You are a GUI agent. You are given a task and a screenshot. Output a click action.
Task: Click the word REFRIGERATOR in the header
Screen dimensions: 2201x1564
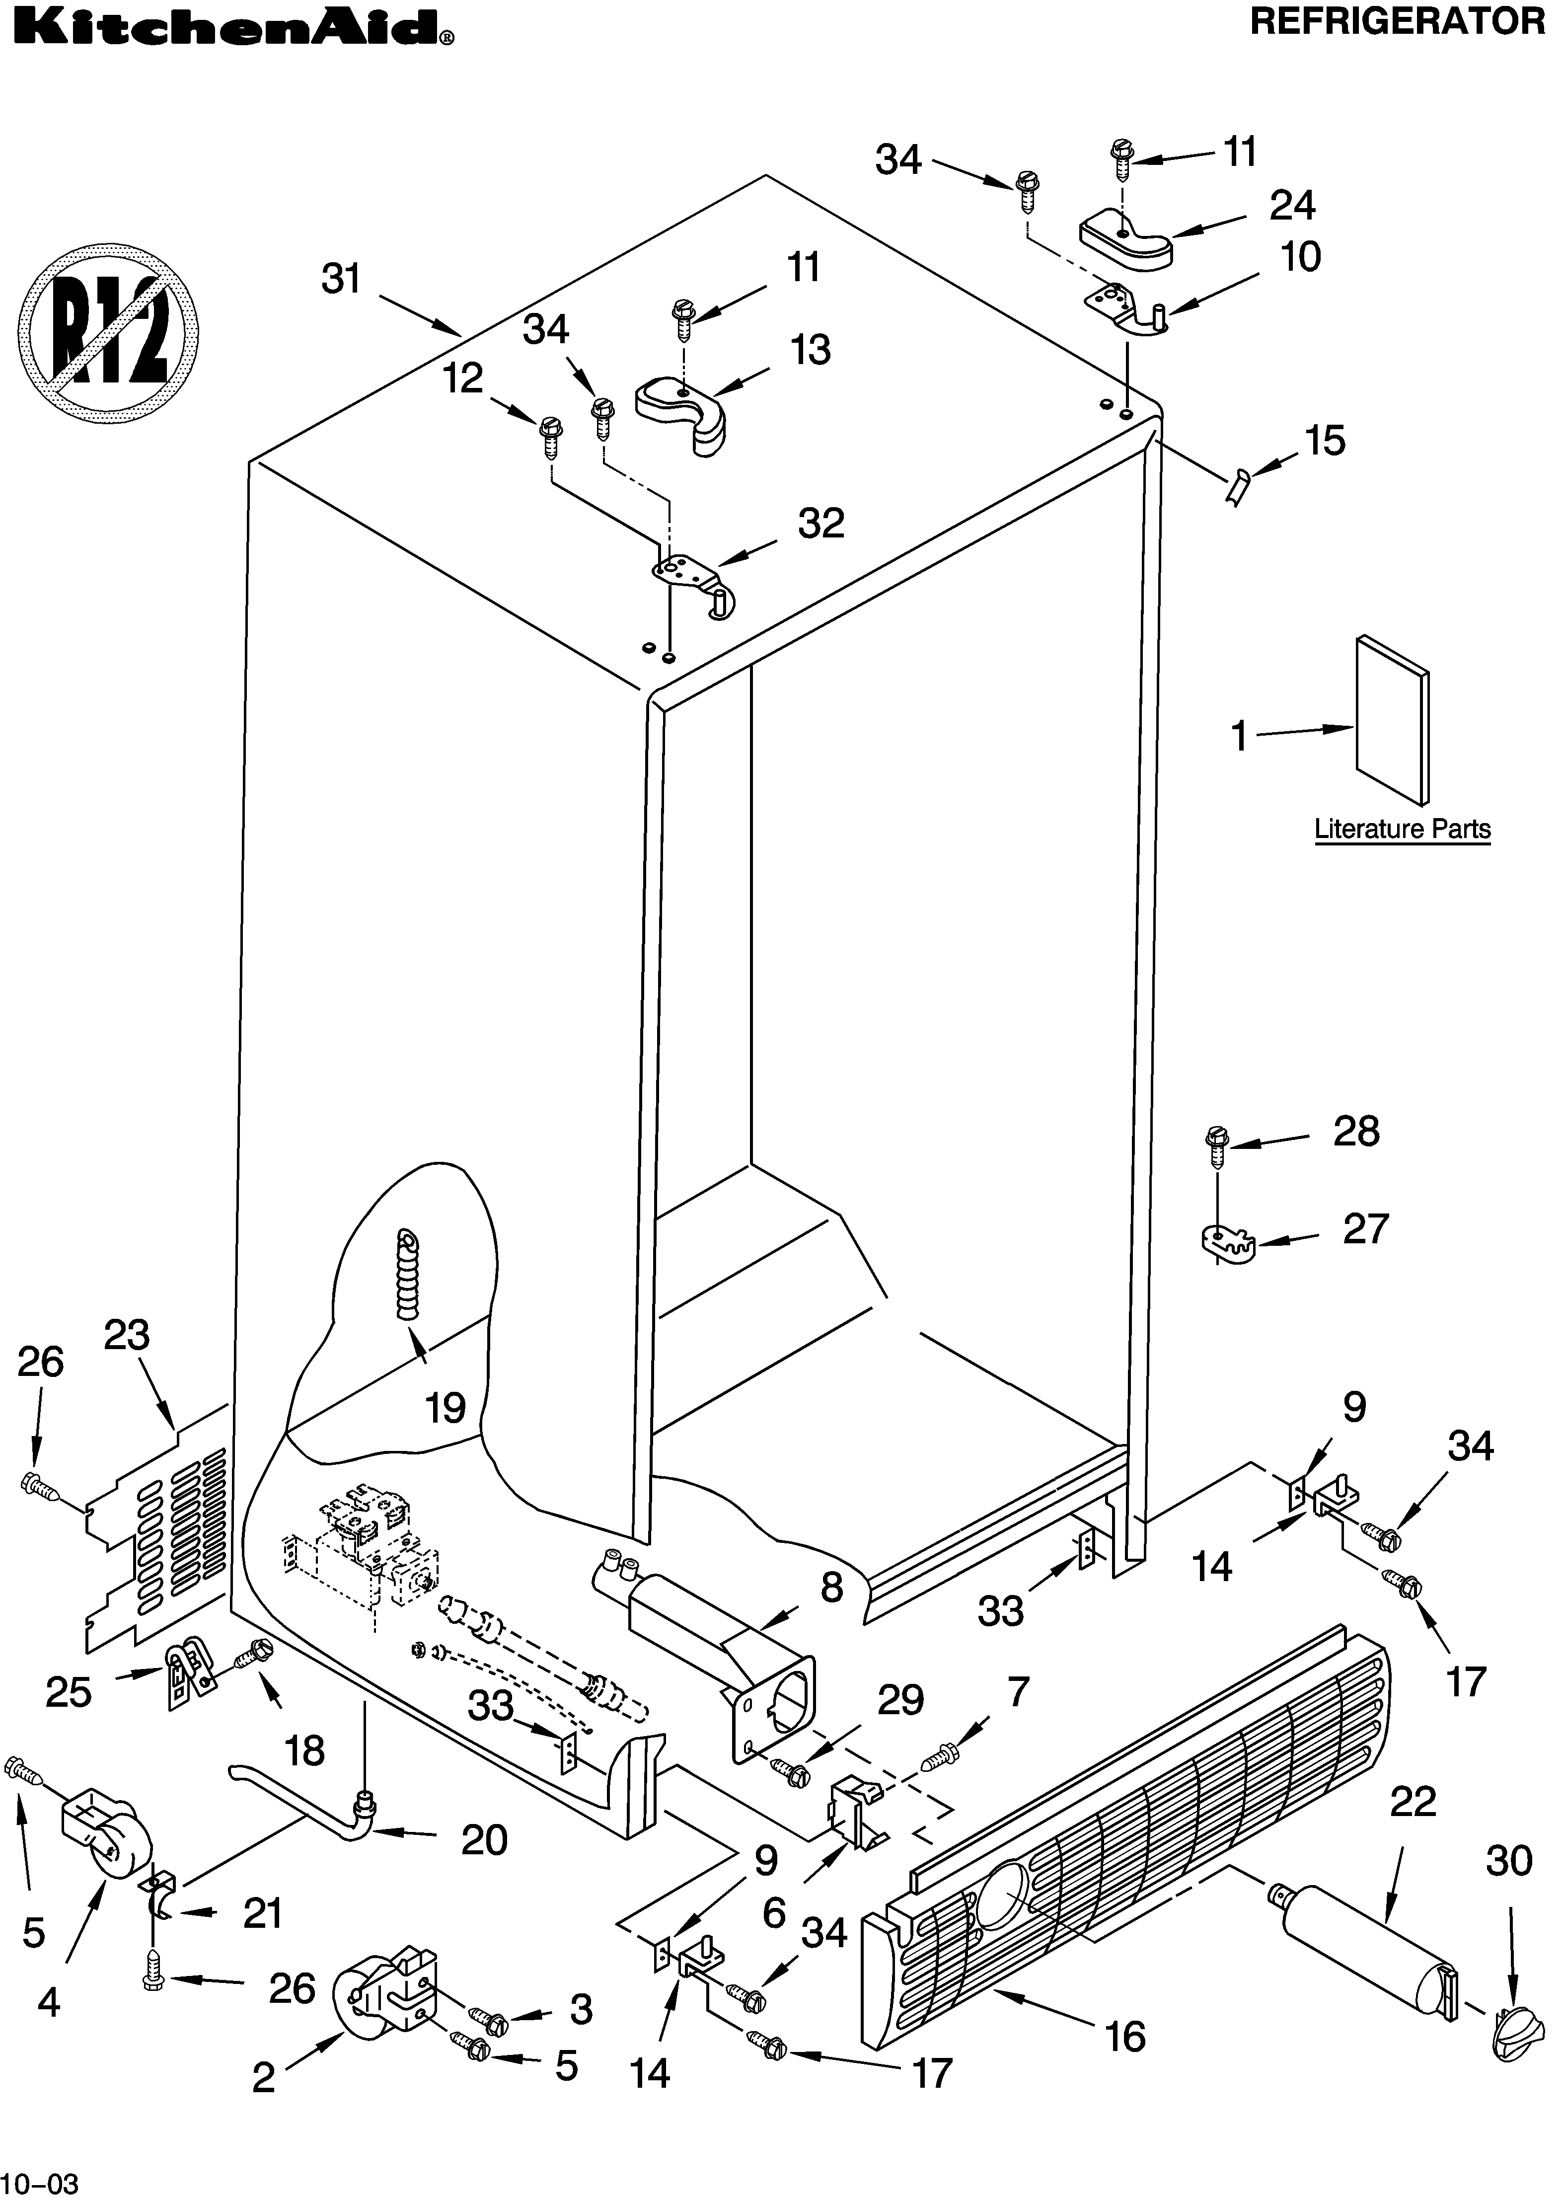[x=1397, y=21]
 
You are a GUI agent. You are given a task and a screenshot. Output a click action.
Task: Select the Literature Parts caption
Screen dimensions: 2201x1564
[x=1402, y=830]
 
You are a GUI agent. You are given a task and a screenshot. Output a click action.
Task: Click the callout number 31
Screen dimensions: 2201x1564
[x=341, y=279]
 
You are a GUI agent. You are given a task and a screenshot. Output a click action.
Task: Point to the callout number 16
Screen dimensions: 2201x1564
[x=1125, y=2036]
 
